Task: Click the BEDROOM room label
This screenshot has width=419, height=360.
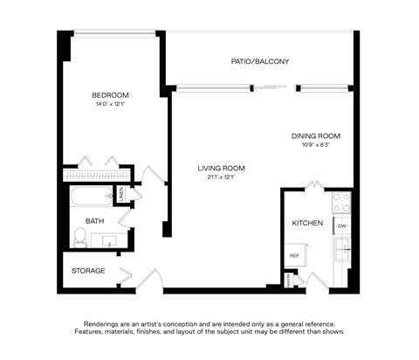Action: (111, 95)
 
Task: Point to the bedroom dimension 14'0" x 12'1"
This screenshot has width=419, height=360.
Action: (111, 105)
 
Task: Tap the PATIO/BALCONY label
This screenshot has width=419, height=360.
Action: (259, 62)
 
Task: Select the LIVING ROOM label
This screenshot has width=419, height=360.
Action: (221, 169)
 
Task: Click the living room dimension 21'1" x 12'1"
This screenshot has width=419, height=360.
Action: (221, 178)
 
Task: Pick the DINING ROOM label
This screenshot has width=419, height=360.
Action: (315, 136)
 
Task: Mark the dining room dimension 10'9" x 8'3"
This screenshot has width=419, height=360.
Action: (315, 145)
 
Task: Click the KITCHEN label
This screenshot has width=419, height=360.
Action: (307, 224)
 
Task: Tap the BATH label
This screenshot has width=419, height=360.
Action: (94, 222)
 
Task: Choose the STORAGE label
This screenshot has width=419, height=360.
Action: (88, 271)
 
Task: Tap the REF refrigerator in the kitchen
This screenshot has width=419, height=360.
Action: (295, 255)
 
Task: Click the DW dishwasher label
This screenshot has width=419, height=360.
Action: (342, 226)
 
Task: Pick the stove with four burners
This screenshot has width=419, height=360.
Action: (342, 204)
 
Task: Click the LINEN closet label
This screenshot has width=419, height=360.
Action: (121, 193)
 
